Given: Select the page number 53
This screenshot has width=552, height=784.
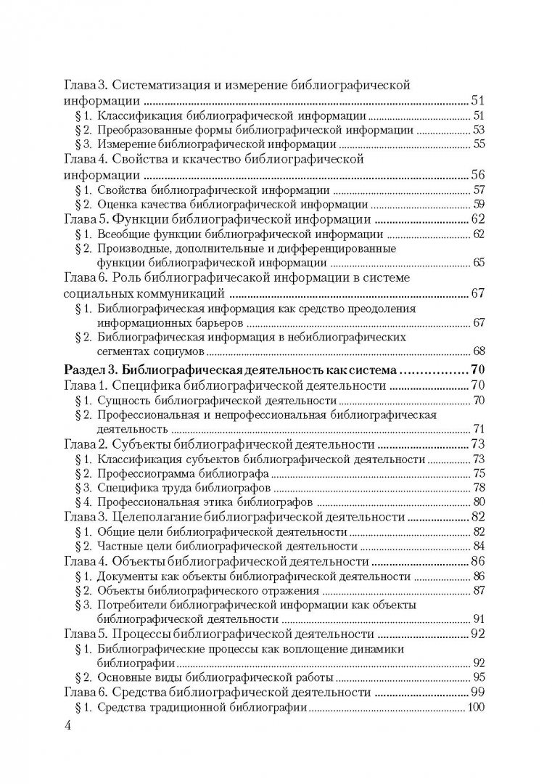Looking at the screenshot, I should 478,129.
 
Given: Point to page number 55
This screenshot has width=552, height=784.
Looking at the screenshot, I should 478,144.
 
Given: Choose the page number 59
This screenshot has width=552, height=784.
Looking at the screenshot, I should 478,205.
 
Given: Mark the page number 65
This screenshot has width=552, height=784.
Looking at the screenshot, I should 478,263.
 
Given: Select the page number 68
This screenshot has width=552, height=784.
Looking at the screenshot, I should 478,353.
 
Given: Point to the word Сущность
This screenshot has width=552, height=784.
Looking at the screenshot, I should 123,400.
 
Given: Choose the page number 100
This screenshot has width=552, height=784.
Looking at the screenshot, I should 475,708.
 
